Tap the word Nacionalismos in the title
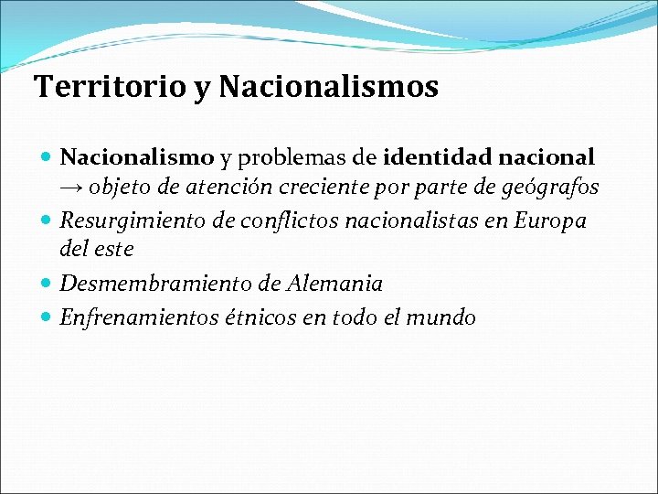tap(329, 88)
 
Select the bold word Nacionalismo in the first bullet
tap(137, 157)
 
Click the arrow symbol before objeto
tap(72, 188)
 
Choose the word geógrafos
tap(547, 188)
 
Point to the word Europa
tap(551, 220)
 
